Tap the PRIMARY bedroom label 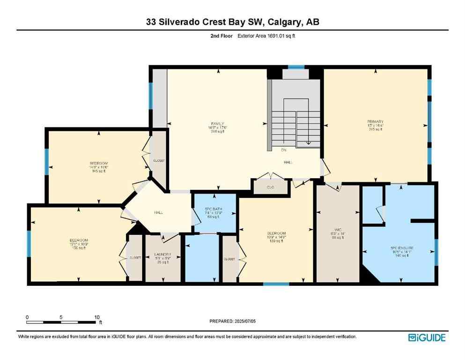coord(375,121)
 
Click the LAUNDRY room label coord(162,255)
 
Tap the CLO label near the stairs coord(270,187)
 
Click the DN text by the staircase coord(284,150)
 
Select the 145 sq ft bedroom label coord(99,164)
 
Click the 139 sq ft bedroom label coord(276,233)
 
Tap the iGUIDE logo coord(427,337)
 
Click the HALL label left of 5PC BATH coord(158,212)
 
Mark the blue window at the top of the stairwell coord(295,67)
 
